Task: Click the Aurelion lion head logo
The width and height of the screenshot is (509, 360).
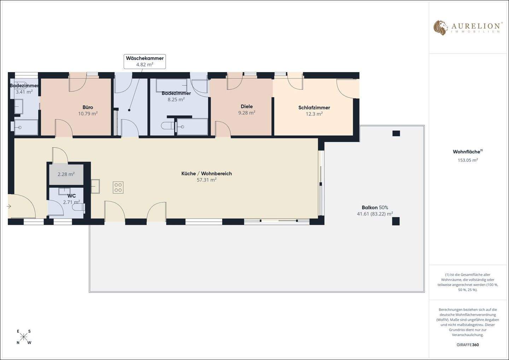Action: pyautogui.click(x=440, y=28)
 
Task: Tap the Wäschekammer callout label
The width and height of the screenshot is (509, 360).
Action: pyautogui.click(x=145, y=58)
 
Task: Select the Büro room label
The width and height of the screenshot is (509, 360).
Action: pyautogui.click(x=88, y=107)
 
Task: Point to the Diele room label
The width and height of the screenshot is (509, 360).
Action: pyautogui.click(x=247, y=106)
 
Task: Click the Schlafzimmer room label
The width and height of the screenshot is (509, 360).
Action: pyautogui.click(x=314, y=108)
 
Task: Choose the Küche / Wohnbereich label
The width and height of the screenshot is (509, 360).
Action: pyautogui.click(x=206, y=173)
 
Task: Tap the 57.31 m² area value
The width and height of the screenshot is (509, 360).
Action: pyautogui.click(x=206, y=180)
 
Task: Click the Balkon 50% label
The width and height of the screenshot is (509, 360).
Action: pyautogui.click(x=375, y=207)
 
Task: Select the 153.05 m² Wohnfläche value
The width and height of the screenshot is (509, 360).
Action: pyautogui.click(x=468, y=160)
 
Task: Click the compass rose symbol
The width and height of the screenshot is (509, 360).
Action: pyautogui.click(x=24, y=337)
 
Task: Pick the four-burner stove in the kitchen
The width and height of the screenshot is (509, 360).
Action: pyautogui.click(x=118, y=187)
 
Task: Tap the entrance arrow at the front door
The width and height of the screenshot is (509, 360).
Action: pyautogui.click(x=9, y=206)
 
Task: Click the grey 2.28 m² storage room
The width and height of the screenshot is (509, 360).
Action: pyautogui.click(x=66, y=174)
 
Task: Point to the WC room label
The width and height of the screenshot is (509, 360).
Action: pyautogui.click(x=71, y=196)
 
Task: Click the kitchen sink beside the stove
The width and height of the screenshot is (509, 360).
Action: pyautogui.click(x=95, y=186)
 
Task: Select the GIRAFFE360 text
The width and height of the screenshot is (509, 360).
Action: pyautogui.click(x=468, y=345)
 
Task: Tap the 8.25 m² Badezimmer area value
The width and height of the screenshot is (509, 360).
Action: pyautogui.click(x=176, y=100)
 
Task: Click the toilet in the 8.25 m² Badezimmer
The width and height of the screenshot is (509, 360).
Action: pyautogui.click(x=166, y=125)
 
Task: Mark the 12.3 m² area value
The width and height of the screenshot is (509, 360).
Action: pyautogui.click(x=314, y=114)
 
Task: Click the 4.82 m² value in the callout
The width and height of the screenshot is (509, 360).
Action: pyautogui.click(x=145, y=65)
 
